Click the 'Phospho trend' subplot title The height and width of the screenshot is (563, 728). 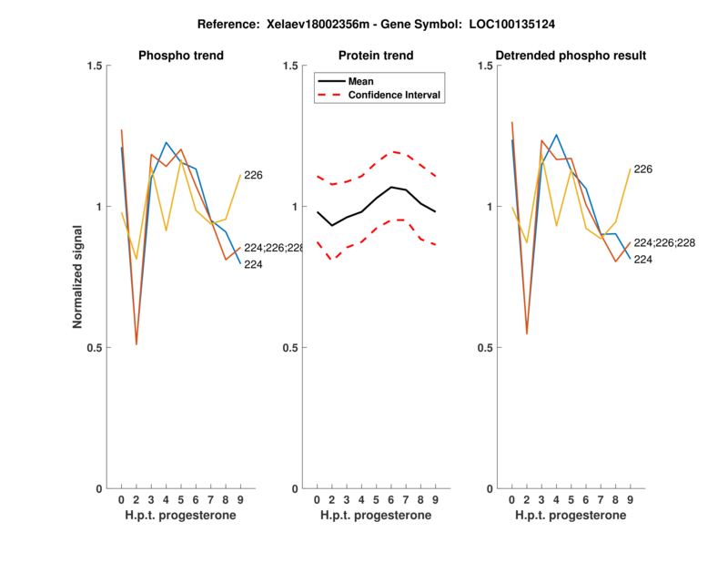(x=180, y=56)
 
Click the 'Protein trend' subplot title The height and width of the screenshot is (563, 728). (x=376, y=56)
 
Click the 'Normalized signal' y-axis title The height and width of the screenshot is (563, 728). (x=79, y=277)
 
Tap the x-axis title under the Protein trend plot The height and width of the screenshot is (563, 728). (x=376, y=516)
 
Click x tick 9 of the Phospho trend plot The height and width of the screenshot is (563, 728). (x=240, y=500)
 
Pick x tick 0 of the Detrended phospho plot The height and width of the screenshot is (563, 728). (x=512, y=500)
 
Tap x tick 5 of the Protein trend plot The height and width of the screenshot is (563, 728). (x=376, y=500)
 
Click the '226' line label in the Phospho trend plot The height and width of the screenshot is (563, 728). (x=253, y=175)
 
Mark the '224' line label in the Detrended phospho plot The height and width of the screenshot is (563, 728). (x=643, y=260)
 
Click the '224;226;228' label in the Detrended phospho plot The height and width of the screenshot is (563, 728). (x=664, y=243)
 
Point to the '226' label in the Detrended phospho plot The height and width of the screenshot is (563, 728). (x=643, y=169)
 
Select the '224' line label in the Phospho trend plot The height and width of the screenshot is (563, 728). (x=253, y=264)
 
